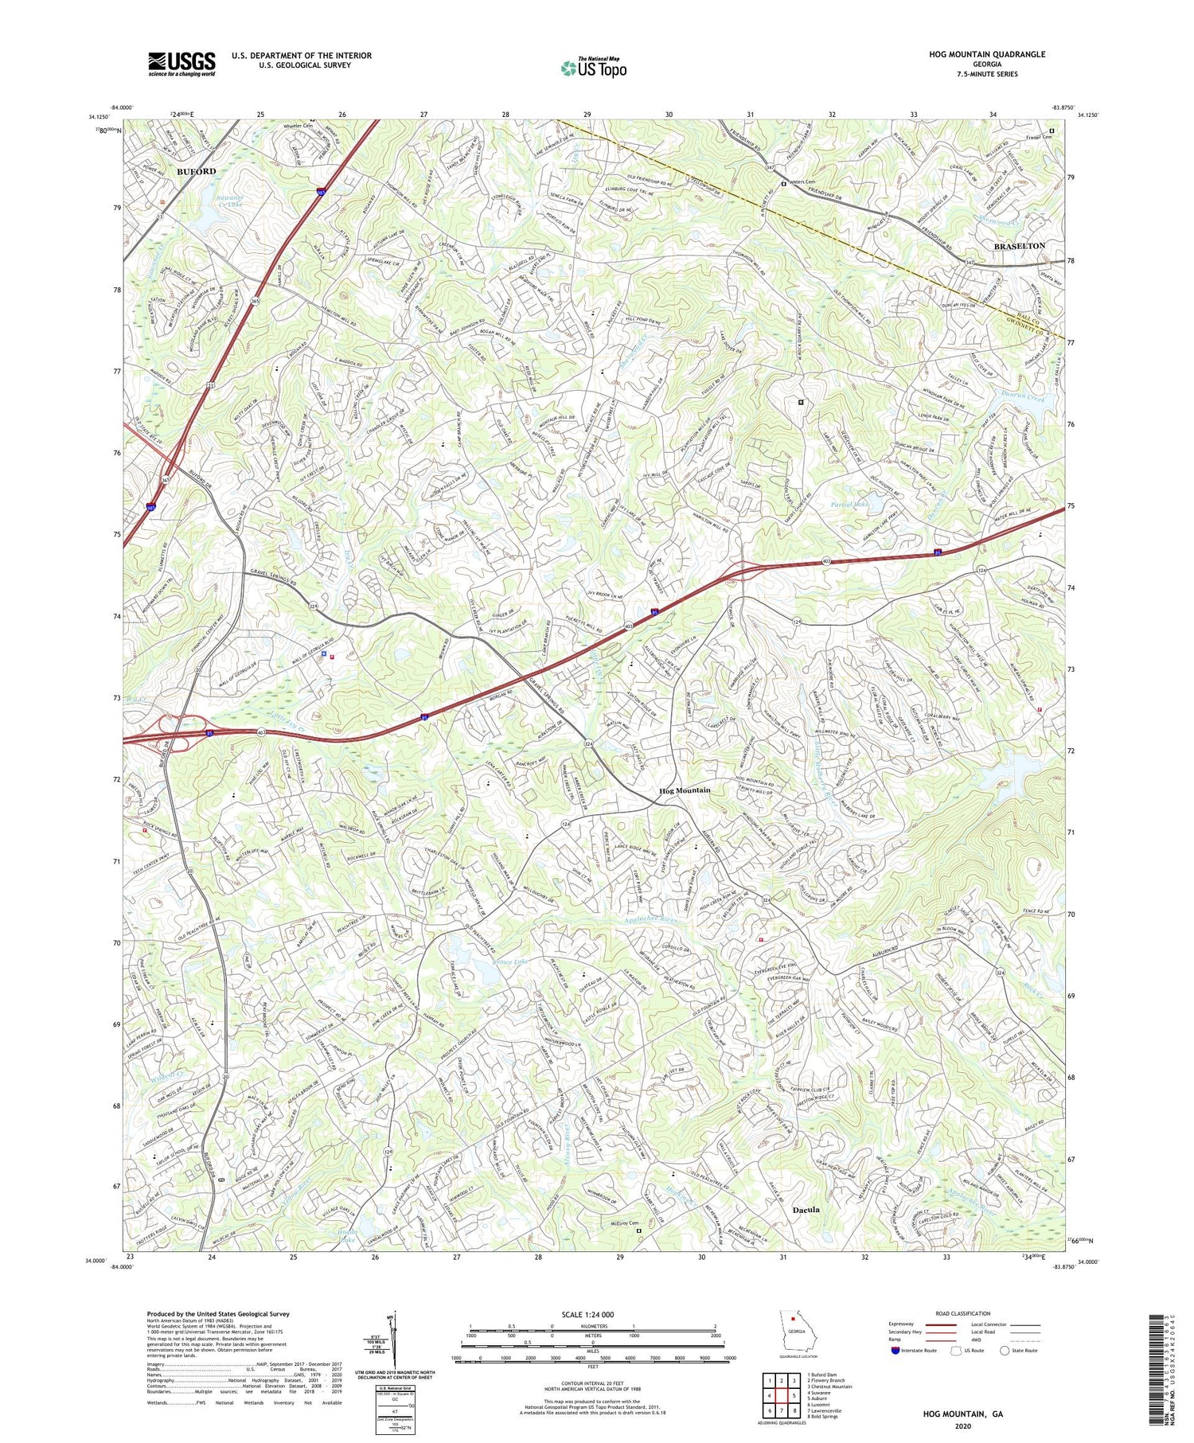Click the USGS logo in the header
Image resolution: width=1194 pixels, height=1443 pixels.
point(181,64)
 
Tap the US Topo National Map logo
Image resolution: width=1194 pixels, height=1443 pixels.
point(593,68)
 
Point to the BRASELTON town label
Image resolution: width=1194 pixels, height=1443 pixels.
point(1019,246)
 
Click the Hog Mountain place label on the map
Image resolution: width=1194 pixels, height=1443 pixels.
point(685,790)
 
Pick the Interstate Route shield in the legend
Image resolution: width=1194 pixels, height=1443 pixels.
point(896,1350)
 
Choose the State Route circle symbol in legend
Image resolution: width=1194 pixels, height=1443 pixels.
point(1005,1350)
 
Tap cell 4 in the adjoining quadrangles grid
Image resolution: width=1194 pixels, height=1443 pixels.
point(770,1395)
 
